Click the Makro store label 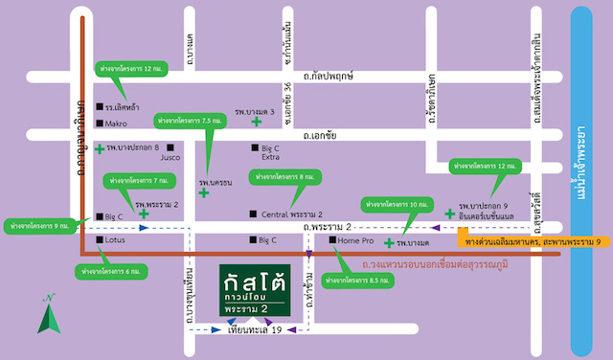tap(116, 124)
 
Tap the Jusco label tap(170, 157)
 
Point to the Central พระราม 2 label tap(291, 214)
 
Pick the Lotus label tap(117, 240)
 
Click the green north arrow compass tap(44, 316)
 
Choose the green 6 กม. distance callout tap(111, 272)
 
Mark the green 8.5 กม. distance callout tap(356, 280)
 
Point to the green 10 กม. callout tap(393, 205)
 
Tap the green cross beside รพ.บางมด tap(388, 244)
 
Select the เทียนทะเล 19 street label tap(253, 331)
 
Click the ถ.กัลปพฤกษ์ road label tap(329, 74)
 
